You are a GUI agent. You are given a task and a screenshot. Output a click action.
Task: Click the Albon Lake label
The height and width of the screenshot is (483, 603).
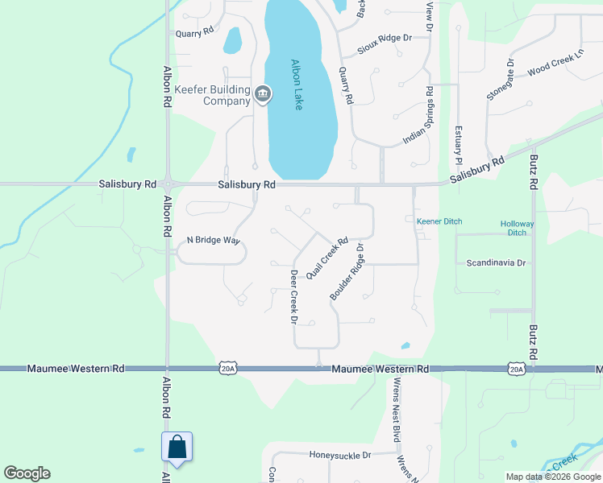click(x=296, y=85)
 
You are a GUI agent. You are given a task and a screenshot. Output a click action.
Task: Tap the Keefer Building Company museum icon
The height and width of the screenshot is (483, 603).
click(x=263, y=95)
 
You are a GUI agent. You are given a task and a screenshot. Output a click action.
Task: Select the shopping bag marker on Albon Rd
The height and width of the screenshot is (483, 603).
click(x=176, y=448)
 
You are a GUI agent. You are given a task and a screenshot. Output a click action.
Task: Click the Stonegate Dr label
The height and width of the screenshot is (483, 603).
click(x=499, y=79)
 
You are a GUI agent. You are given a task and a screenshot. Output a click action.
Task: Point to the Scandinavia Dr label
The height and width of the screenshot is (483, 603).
click(x=496, y=263)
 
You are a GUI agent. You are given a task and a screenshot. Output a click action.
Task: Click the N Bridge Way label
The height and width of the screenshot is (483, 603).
click(x=213, y=240)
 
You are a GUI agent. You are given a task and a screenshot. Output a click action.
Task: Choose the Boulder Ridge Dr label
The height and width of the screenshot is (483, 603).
click(x=347, y=273)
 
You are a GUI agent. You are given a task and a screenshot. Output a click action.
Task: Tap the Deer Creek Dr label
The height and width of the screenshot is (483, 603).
click(x=294, y=296)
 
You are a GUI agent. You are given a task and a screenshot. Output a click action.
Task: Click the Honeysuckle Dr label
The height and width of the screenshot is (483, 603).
click(x=339, y=455)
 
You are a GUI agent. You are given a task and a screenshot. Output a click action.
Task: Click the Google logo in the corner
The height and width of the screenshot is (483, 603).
click(x=27, y=473)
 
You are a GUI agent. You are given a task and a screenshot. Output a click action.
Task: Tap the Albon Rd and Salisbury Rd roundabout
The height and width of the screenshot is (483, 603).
click(x=168, y=184)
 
